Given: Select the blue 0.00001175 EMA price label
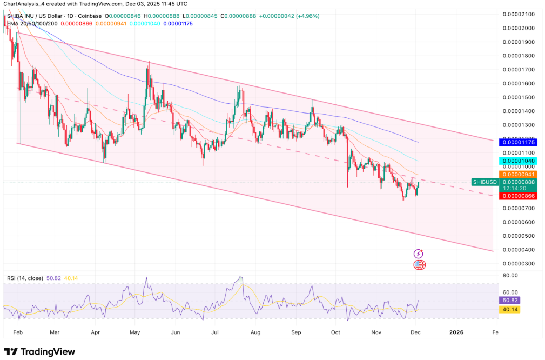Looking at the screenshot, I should (520, 143).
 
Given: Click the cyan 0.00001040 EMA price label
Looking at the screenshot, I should (520, 161).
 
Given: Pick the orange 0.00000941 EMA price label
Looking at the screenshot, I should (520, 174).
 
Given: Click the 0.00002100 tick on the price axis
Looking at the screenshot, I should (520, 14).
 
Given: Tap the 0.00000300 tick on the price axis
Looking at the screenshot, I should (520, 263).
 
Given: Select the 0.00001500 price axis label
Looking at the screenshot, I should (520, 97).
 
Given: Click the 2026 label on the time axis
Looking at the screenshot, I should (456, 333).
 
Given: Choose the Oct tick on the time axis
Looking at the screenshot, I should (336, 333).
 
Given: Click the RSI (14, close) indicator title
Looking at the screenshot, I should (25, 278).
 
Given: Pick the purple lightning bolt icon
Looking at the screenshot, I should (419, 254).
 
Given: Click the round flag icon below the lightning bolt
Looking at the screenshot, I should (419, 265).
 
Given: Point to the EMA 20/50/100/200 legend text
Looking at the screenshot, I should (31, 24).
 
